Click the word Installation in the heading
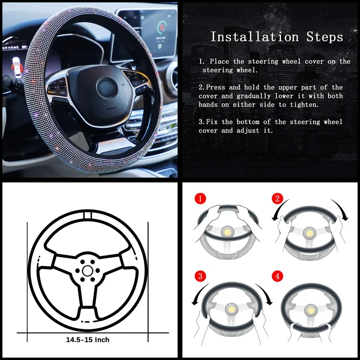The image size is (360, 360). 255,37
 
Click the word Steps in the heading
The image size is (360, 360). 324,37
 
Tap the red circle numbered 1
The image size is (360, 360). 200,198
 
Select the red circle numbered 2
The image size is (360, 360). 277,198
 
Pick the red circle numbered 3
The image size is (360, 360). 200,276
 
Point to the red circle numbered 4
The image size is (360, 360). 277,276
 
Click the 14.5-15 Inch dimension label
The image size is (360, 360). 88,340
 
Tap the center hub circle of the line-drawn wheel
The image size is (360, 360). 87,271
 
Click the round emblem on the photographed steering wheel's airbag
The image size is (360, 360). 107,88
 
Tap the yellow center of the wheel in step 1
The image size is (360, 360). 228,233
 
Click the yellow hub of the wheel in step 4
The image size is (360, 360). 311,311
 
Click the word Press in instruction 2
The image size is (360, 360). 216,87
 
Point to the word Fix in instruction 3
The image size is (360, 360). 211,121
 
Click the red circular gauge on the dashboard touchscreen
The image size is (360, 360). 162,27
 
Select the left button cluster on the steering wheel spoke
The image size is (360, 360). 58,87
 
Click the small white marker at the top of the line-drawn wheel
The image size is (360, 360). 87,215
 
